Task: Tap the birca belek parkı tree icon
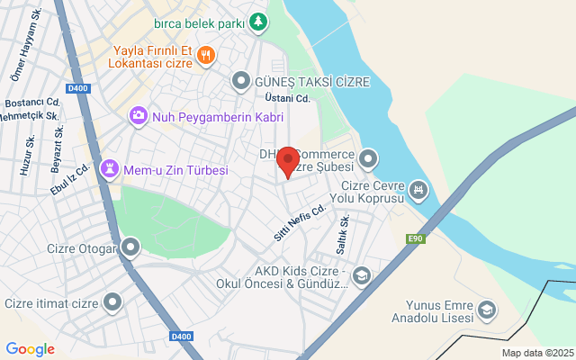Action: [x=258, y=21]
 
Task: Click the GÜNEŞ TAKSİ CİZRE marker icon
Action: [x=240, y=82]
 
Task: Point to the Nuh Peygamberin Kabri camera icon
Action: [x=138, y=116]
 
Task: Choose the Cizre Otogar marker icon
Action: [x=131, y=246]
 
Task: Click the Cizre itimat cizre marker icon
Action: [x=112, y=302]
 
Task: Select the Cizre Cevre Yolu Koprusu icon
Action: [x=418, y=190]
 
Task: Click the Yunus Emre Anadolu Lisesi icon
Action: [x=486, y=310]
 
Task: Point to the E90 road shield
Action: [x=415, y=238]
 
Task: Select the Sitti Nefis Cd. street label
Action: [x=299, y=222]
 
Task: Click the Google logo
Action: [x=30, y=349]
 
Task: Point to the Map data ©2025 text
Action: [x=537, y=353]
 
